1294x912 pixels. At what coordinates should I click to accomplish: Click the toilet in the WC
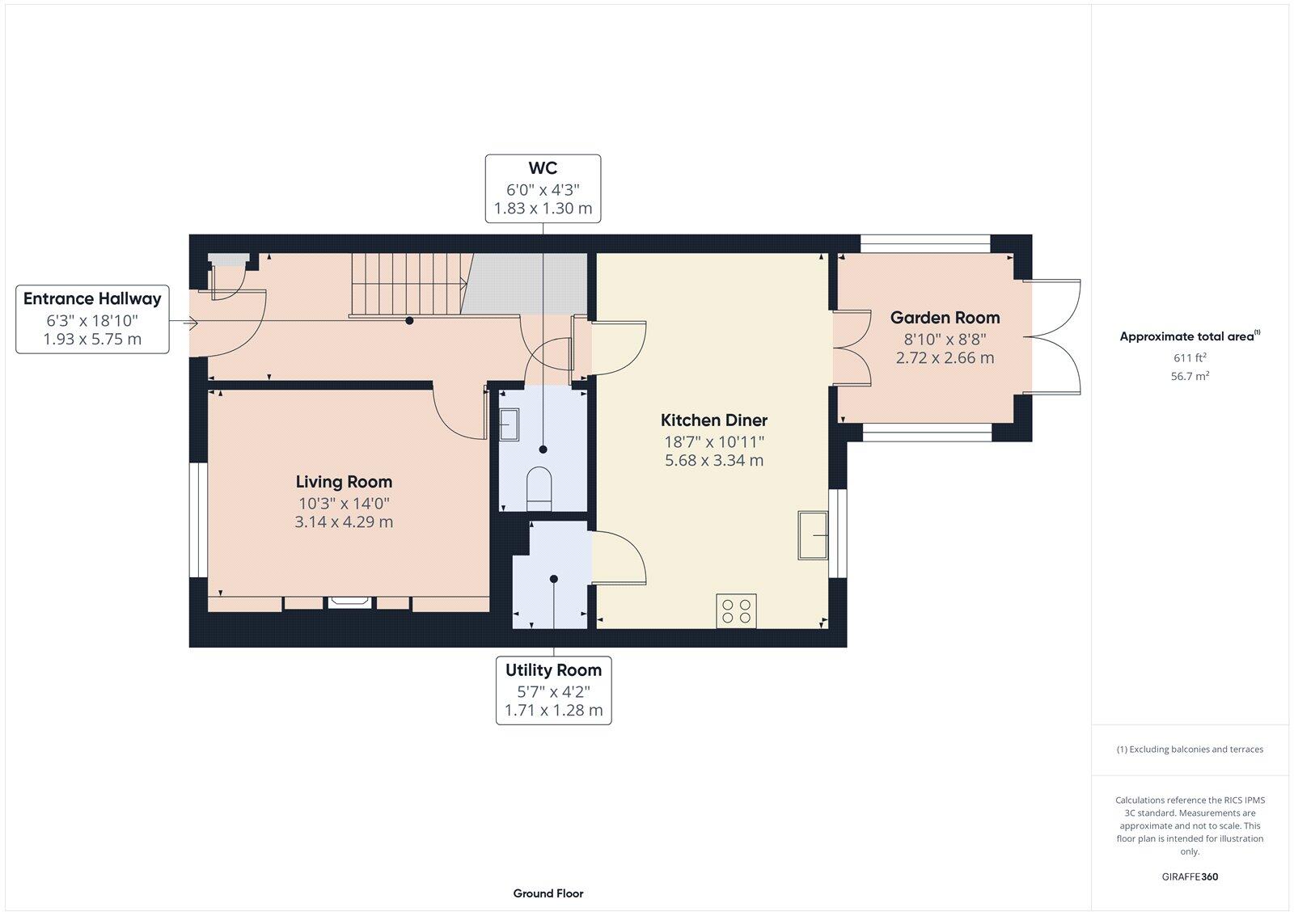point(539,488)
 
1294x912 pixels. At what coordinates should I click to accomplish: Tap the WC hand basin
point(509,424)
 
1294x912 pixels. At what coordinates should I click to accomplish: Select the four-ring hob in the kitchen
point(736,610)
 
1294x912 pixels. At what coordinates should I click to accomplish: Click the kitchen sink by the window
point(813,535)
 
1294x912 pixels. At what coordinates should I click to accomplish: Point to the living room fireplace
point(349,602)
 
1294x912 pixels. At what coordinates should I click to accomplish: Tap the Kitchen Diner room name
point(713,420)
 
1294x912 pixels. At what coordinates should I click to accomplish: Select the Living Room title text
point(344,482)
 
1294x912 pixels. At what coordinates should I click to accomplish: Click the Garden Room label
point(945,318)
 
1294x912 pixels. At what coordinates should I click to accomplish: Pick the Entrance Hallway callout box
point(92,319)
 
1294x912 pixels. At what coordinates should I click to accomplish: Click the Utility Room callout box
point(553,690)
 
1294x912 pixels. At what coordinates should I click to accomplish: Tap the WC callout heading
point(543,169)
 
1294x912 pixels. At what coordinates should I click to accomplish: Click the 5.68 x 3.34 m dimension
point(713,461)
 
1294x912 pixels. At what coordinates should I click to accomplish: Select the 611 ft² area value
point(1190,357)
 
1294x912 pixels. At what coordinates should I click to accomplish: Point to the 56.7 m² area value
point(1190,376)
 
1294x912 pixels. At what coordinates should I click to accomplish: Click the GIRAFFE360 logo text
point(1190,876)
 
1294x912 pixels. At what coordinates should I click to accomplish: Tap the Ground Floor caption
point(548,893)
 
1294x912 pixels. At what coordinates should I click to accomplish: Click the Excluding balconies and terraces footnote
point(1190,749)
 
